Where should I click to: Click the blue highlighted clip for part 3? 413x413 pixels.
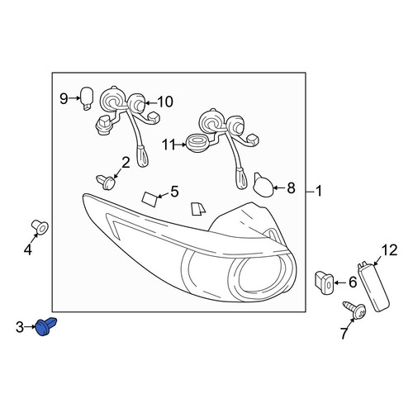coord(47,326)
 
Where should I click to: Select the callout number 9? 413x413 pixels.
coord(64,98)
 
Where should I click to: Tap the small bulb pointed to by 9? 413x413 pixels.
coord(87,98)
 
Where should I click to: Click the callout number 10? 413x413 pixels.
coord(164,102)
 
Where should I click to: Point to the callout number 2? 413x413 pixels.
coord(126,163)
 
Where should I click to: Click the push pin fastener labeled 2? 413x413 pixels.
coord(106,182)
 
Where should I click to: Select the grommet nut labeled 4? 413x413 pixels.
coord(40,227)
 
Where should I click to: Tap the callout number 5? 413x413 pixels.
coord(174,192)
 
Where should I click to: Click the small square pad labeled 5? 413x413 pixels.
coord(150,199)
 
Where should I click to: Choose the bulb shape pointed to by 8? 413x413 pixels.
coord(263,185)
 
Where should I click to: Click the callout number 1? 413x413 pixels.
coord(319,191)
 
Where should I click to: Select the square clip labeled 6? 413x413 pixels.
coord(325,282)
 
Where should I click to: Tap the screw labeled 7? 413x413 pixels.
coord(354,311)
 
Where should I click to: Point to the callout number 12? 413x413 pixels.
coord(389,250)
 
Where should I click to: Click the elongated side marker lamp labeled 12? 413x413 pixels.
coord(373,287)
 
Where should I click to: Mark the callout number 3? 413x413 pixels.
coord(20,328)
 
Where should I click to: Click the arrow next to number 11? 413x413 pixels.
coord(181,145)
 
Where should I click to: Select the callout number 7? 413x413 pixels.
coord(344,334)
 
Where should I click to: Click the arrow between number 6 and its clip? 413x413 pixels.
coord(340,282)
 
